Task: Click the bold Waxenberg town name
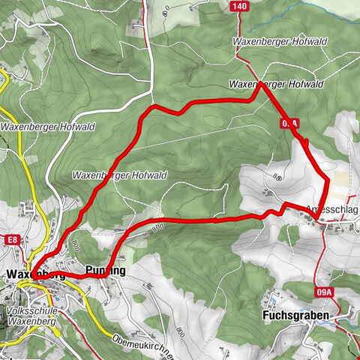(30, 274)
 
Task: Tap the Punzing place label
(106, 270)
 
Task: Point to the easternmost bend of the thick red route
(328, 180)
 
